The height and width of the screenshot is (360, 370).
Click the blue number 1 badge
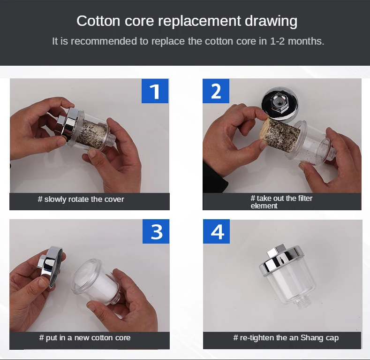click(155, 91)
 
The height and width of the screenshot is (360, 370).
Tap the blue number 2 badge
click(216, 91)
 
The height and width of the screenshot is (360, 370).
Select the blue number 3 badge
click(156, 231)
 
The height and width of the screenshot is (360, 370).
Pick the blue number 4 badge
click(216, 231)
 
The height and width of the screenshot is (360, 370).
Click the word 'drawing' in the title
click(271, 21)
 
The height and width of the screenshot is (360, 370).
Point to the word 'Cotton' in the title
click(98, 21)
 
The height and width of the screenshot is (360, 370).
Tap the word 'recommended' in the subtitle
click(104, 41)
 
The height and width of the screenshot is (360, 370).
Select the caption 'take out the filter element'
click(281, 202)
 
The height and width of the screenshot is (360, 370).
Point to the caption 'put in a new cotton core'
click(85, 338)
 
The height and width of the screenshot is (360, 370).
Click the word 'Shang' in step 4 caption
click(312, 338)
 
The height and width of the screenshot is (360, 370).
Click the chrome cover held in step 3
click(51, 266)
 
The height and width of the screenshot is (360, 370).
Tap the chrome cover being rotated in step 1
click(66, 124)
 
